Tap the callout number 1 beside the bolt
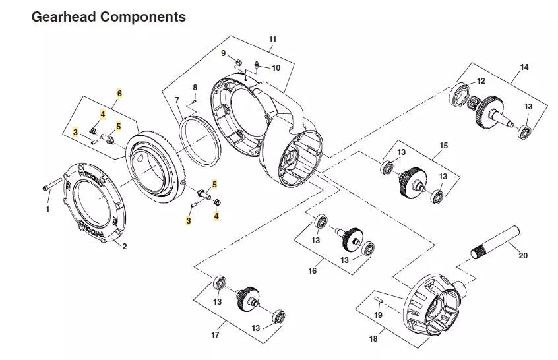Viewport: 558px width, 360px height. click(47, 210)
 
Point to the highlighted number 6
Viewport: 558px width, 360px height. click(119, 94)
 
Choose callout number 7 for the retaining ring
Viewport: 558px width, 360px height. click(177, 100)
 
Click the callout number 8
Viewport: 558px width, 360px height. click(195, 88)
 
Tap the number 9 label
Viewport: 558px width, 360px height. click(223, 53)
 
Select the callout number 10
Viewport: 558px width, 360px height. click(276, 67)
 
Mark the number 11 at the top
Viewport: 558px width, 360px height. click(272, 40)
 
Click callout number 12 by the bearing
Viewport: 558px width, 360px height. click(481, 80)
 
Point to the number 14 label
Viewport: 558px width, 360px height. click(524, 67)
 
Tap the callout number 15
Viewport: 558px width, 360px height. click(443, 145)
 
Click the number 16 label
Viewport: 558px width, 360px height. click(313, 271)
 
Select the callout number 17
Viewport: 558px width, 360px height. click(215, 335)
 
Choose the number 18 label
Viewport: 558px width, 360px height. click(373, 338)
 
